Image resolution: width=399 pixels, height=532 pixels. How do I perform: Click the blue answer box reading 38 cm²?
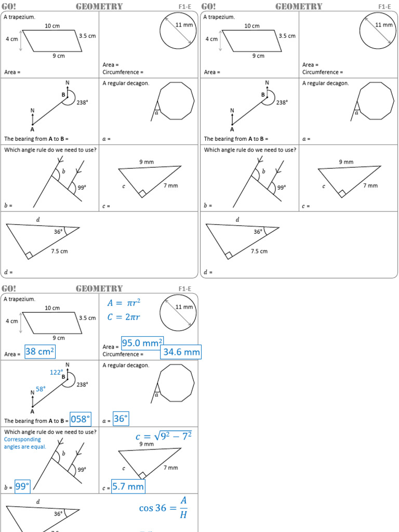pyautogui.click(x=39, y=352)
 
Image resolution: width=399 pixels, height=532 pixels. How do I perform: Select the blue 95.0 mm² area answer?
pyautogui.click(x=142, y=343)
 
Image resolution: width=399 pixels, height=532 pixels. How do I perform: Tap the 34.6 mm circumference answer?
pyautogui.click(x=181, y=352)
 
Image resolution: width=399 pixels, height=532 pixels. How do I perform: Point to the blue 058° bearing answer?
pyautogui.click(x=81, y=419)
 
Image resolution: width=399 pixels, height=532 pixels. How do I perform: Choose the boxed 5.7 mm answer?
pyautogui.click(x=128, y=487)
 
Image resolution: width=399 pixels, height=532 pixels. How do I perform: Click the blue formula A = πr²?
pyautogui.click(x=124, y=303)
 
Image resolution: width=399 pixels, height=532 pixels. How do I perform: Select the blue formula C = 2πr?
pyautogui.click(x=124, y=317)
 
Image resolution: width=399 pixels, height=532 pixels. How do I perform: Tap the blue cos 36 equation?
pyautogui.click(x=163, y=508)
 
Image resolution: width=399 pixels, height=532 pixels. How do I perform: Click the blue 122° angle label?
pyautogui.click(x=56, y=372)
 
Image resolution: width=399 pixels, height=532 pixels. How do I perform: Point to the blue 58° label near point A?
pyautogui.click(x=41, y=389)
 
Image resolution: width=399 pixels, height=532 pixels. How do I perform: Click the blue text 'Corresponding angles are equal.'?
pyautogui.click(x=25, y=443)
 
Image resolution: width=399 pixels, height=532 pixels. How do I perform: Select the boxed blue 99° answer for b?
pyautogui.click(x=22, y=486)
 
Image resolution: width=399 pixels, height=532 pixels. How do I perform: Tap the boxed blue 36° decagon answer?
pyautogui.click(x=121, y=419)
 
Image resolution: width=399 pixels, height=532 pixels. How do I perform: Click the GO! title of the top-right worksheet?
pyautogui.click(x=208, y=6)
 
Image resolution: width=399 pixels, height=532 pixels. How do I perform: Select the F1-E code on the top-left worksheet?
pyautogui.click(x=184, y=7)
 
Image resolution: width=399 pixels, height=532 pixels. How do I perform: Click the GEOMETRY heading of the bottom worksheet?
pyautogui.click(x=99, y=288)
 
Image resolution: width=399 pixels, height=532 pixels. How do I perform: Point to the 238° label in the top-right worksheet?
pyautogui.click(x=282, y=102)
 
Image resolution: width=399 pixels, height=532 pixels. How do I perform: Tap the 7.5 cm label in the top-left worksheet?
pyautogui.click(x=59, y=251)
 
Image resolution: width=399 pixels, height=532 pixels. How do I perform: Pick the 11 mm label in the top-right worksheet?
pyautogui.click(x=383, y=24)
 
